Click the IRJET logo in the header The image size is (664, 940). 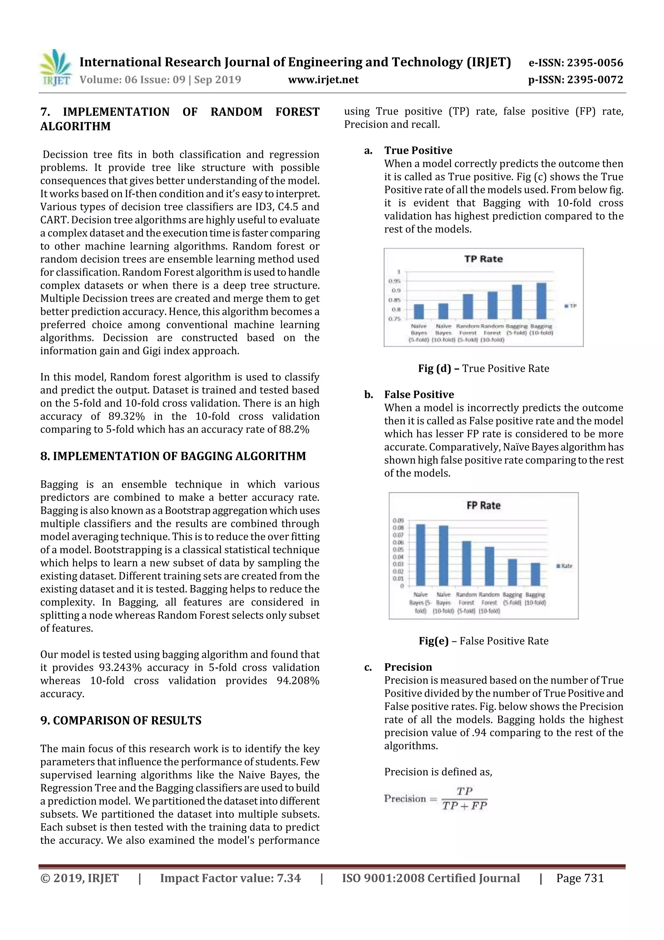pos(55,67)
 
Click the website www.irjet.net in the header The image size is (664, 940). pos(323,80)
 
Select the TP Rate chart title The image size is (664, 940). pos(483,259)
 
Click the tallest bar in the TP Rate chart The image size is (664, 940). pos(541,301)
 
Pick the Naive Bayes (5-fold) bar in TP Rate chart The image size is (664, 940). pos(419,311)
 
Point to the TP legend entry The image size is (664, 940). pos(570,306)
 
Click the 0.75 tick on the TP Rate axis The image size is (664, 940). pos(394,319)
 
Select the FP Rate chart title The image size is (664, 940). pos(483,506)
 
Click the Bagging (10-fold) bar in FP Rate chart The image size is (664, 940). pos(535,574)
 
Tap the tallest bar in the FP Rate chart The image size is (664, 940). pos(420,555)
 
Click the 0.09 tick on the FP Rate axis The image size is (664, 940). pos(398,520)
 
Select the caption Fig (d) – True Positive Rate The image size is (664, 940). pos(483,369)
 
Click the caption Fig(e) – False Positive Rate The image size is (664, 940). pos(483,641)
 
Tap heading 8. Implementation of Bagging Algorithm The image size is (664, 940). pos(173,456)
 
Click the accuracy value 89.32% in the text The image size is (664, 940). pos(126,416)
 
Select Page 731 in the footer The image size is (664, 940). pos(579,878)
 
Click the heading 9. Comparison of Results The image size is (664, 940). pos(121,721)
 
